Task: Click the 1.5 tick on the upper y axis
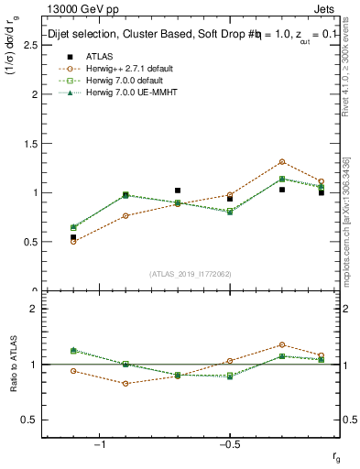[x=34, y=143]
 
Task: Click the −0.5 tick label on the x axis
[x=229, y=444]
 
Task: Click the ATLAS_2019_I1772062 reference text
[x=190, y=274]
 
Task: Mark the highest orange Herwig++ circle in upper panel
[x=282, y=162]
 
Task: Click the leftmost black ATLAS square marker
[x=73, y=237]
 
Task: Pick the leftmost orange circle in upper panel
[x=73, y=242]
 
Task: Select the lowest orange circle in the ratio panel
[x=125, y=384]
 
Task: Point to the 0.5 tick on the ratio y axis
[x=34, y=420]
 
